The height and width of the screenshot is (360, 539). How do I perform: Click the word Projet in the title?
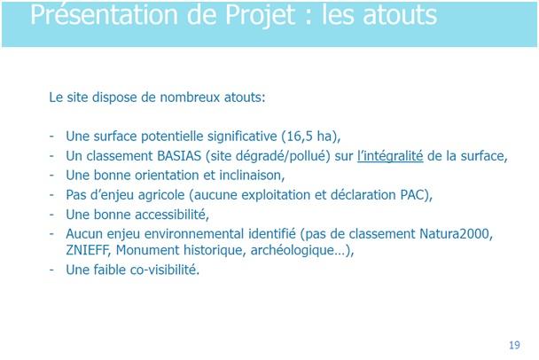[x=261, y=15]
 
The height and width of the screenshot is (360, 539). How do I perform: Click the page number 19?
[x=514, y=345]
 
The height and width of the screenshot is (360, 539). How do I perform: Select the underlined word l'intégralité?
[x=390, y=156]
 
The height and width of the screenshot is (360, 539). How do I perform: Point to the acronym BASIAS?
[x=179, y=156]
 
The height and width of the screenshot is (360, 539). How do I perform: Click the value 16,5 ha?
[x=309, y=137]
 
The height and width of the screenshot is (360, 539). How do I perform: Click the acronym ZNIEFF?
[x=87, y=250]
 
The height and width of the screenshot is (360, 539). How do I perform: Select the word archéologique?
[x=293, y=250]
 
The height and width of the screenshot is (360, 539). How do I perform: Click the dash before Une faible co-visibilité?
[x=51, y=270]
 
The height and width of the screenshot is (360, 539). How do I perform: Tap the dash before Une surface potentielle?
[x=51, y=137]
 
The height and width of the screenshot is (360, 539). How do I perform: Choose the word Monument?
[x=147, y=250]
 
